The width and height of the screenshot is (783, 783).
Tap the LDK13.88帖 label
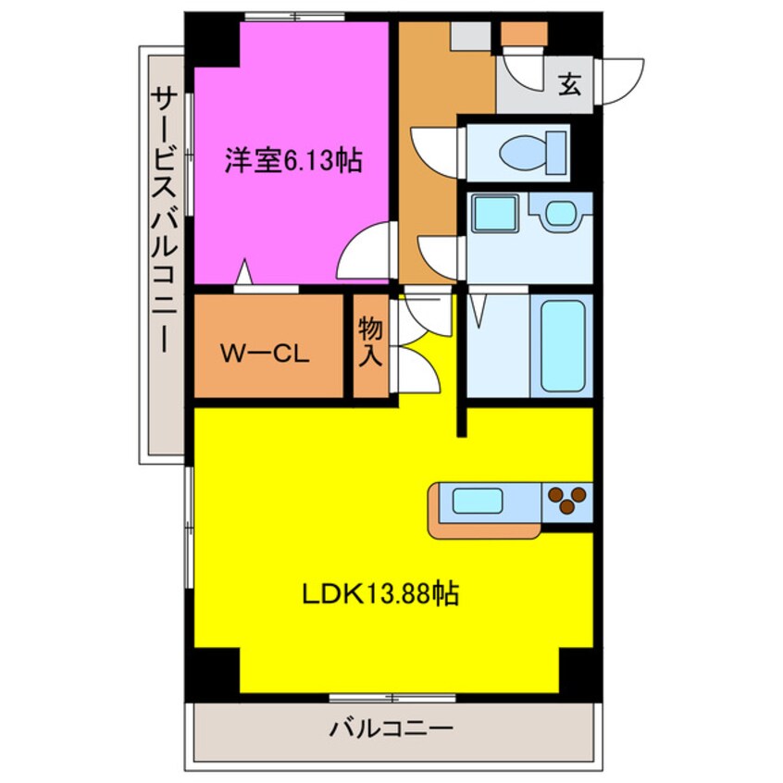coord(380,593)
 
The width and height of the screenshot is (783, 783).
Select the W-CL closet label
coord(264,353)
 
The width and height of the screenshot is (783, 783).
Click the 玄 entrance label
coord(568,87)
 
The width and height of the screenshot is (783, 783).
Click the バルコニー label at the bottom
coord(391,729)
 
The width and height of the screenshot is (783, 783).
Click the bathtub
coord(563,345)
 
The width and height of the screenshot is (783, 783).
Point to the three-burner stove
coord(566,501)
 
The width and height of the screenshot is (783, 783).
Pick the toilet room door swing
coord(435,149)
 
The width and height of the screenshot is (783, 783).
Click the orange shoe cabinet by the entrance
coord(525,36)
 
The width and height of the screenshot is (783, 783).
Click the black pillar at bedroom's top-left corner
coord(212,40)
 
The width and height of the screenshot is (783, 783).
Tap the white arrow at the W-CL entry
coord(244,273)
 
